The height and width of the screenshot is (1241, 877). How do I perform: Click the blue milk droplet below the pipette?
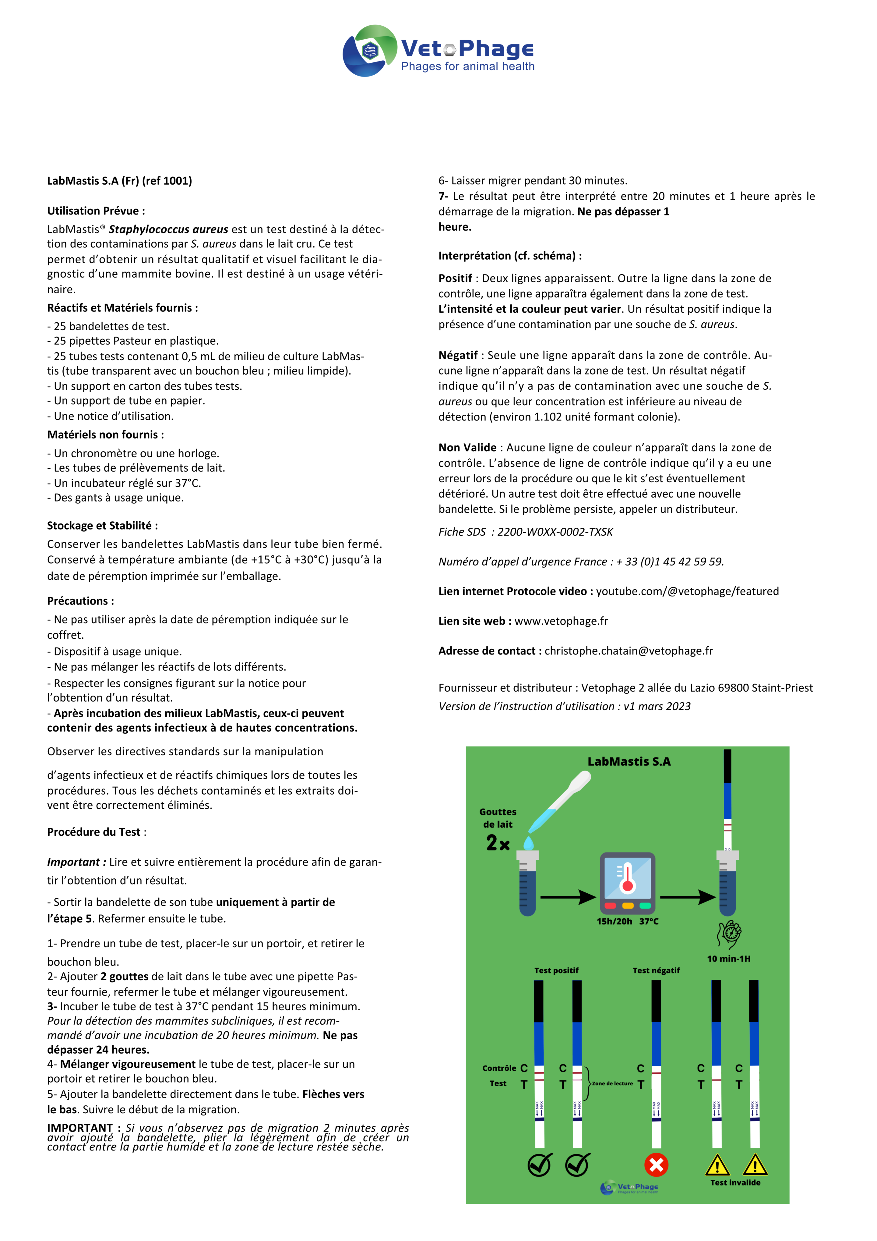pyautogui.click(x=528, y=843)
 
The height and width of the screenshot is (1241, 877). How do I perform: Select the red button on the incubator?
pyautogui.click(x=610, y=905)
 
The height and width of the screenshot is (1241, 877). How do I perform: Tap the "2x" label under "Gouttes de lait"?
pyautogui.click(x=498, y=843)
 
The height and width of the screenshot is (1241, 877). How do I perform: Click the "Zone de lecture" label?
pyautogui.click(x=612, y=1083)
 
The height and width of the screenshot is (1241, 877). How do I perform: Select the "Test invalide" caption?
pyautogui.click(x=735, y=1182)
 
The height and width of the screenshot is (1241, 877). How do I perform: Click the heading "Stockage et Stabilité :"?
pyautogui.click(x=102, y=525)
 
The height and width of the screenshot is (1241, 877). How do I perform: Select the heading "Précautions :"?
pyautogui.click(x=80, y=601)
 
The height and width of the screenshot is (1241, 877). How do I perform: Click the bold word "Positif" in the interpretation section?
pyautogui.click(x=455, y=278)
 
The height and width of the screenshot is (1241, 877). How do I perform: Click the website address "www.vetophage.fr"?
pyautogui.click(x=561, y=621)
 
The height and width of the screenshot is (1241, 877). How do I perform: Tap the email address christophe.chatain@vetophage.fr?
pyautogui.click(x=629, y=651)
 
